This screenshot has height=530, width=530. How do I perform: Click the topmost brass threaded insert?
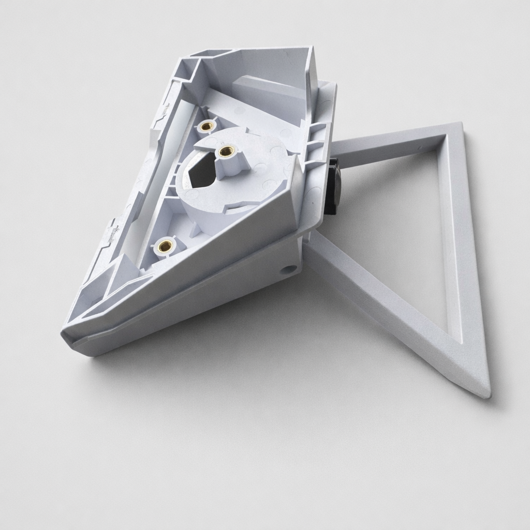tap(207, 126)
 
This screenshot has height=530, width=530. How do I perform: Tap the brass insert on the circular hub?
tap(225, 151)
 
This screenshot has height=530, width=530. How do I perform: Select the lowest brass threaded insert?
tap(165, 246)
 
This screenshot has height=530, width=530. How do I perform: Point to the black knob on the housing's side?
tap(331, 187)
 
